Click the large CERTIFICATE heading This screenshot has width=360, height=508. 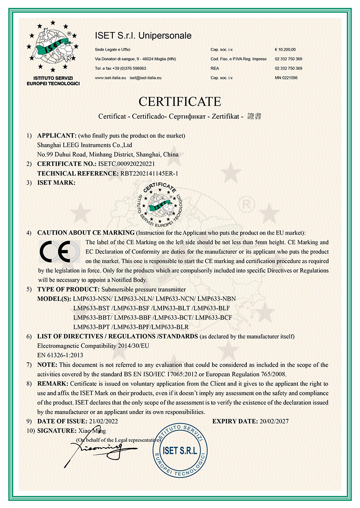tap(180, 102)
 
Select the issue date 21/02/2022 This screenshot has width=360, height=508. tap(101, 421)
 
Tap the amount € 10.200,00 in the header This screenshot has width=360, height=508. tap(285, 49)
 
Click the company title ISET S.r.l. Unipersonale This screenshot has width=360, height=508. tap(143, 35)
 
